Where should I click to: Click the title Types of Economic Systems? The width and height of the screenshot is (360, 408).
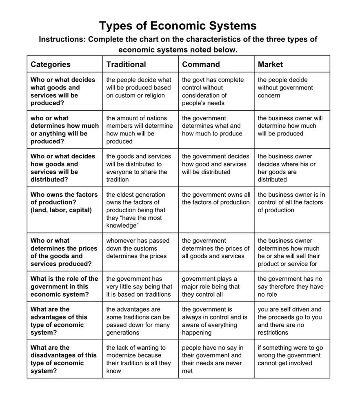pos(178,26)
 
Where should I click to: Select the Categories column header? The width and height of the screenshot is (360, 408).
pos(51,64)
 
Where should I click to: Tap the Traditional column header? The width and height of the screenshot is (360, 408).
pos(126,64)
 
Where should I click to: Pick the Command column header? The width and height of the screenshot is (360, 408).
pos(201,64)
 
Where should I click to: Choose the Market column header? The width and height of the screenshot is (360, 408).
pos(270,64)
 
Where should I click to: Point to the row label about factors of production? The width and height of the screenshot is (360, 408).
pos(64,202)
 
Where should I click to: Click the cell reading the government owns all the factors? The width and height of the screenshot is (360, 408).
pos(216,199)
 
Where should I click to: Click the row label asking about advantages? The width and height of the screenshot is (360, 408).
pos(57,321)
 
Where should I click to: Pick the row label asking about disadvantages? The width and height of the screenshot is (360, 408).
pos(63,359)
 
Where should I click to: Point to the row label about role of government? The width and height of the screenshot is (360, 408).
pos(64,287)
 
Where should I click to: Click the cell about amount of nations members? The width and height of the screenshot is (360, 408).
pos(139,130)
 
